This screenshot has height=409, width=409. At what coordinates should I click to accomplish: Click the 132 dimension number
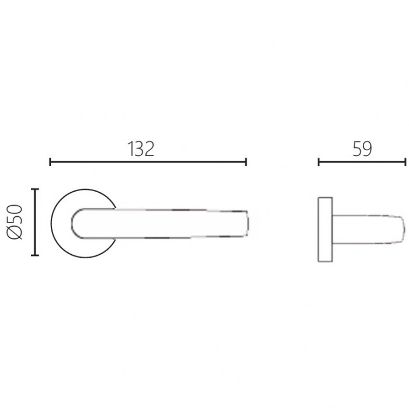click(x=141, y=149)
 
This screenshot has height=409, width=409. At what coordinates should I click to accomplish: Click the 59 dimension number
click(x=362, y=149)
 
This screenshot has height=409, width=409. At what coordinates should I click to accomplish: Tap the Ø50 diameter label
click(x=15, y=222)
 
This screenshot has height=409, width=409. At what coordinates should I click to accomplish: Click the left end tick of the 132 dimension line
click(x=50, y=162)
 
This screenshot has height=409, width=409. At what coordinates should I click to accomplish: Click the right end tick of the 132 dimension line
click(x=246, y=162)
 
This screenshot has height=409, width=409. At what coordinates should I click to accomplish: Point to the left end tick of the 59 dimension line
click(x=319, y=162)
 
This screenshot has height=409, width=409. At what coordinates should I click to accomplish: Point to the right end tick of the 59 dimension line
click(x=405, y=162)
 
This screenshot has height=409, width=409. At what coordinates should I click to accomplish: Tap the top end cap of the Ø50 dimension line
click(x=35, y=189)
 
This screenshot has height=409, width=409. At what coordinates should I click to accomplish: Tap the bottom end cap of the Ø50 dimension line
click(x=35, y=255)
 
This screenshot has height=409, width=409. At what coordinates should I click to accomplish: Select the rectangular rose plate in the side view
click(x=325, y=229)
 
